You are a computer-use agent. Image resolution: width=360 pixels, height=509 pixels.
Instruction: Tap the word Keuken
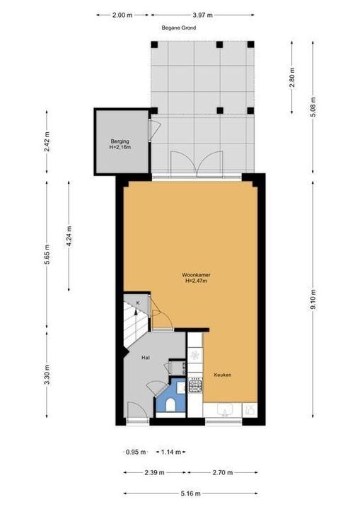coord(223,375)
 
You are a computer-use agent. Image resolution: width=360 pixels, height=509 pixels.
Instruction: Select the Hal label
coord(145,358)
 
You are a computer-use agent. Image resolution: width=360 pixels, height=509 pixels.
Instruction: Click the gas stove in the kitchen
coord(195,385)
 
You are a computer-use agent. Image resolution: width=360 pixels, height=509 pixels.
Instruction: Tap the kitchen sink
coord(225,410)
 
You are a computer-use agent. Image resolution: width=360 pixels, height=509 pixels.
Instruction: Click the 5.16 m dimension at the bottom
coord(190,493)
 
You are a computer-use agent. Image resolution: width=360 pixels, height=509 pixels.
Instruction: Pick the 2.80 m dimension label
coord(291,76)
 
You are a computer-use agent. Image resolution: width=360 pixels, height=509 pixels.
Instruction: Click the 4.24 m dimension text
coord(69,235)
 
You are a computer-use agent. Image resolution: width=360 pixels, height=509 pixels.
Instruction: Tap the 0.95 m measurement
coord(135,452)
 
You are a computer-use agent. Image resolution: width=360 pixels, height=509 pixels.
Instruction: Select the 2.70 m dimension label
coord(221,472)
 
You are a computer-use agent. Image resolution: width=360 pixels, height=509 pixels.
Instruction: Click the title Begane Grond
coord(178,28)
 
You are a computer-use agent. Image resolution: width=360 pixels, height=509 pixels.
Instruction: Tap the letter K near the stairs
coord(139,303)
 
